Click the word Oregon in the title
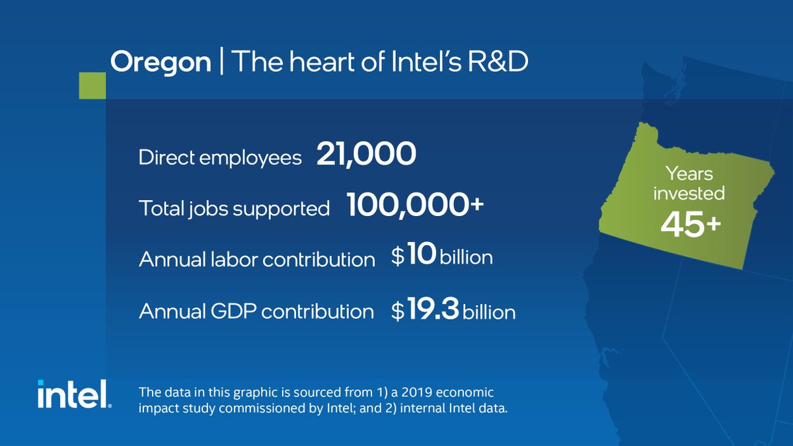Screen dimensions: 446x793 161,63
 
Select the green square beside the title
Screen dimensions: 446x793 92,85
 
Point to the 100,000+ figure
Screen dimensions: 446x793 415,206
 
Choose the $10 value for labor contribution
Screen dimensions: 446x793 413,256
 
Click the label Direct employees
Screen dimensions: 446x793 220,158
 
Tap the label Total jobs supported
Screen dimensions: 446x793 234,208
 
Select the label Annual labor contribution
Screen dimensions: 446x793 257,259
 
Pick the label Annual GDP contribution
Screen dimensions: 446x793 256,311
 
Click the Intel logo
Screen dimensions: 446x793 73,394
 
